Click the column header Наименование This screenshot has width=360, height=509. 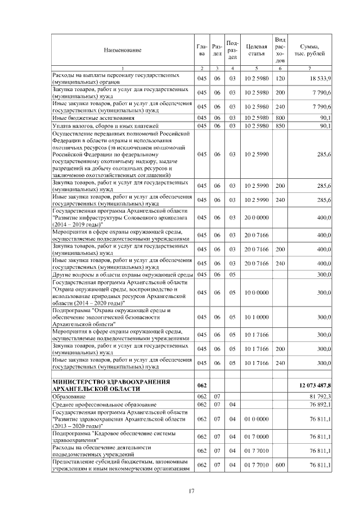point(122,51)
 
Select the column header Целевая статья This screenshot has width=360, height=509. point(256,51)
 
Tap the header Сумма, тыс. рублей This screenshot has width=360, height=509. point(310,51)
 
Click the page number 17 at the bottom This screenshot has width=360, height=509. point(191,493)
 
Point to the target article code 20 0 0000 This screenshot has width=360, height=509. point(256,218)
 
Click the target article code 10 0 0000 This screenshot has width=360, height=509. point(256,292)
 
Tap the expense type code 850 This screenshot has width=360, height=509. point(280,126)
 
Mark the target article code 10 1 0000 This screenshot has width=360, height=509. point(256,317)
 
